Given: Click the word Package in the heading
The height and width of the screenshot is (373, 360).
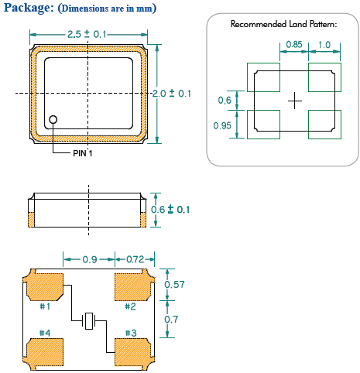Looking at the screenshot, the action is coord(29,8).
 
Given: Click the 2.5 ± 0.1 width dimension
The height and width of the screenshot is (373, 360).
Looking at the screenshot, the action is coord(87,34).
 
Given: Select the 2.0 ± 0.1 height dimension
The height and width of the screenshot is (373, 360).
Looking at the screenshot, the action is coord(172,94).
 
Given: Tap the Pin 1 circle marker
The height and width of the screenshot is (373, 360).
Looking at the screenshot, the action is coord(53,119).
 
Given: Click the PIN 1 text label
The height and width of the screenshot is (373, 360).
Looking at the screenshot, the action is coord(83,153).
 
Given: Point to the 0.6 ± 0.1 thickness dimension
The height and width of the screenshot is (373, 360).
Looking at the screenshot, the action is coord(170,210).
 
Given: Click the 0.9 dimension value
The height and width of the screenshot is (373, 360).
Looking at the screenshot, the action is coord(90,259).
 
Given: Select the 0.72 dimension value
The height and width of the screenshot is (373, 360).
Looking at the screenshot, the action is coord(135,259).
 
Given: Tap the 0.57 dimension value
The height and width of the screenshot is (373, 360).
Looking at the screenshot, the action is coord(175,285).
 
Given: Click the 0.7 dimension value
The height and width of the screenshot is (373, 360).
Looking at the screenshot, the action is coord(171,320).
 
